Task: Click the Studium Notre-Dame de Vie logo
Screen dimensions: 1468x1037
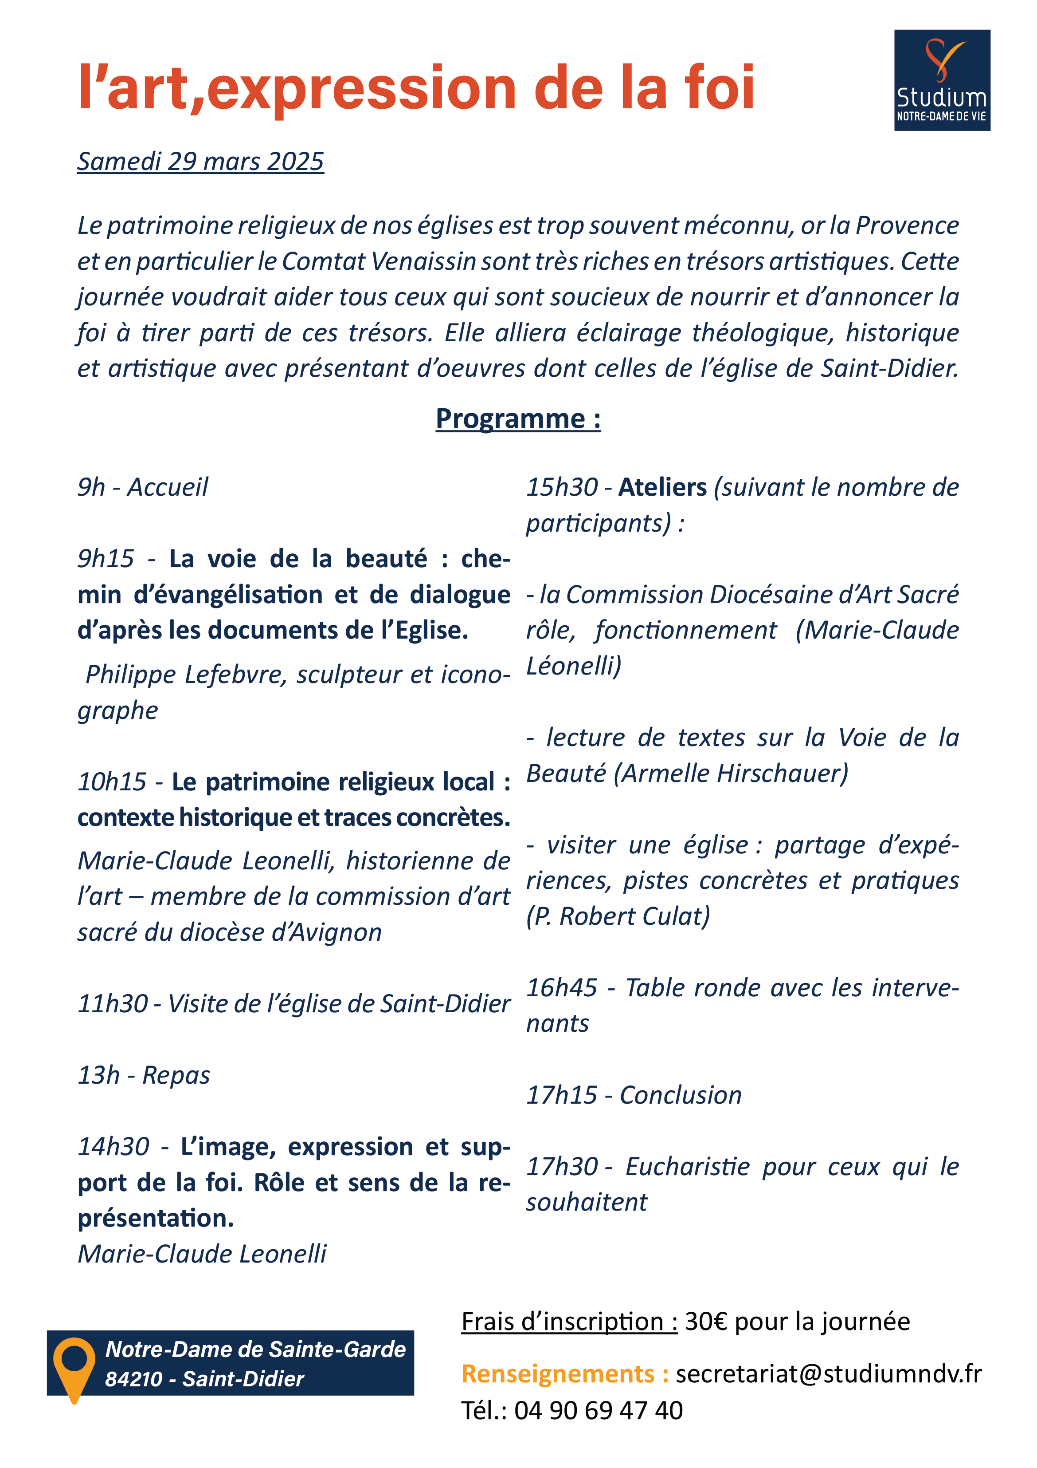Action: click(941, 81)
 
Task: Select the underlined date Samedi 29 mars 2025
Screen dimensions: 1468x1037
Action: click(201, 162)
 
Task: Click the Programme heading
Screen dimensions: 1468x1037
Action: click(517, 419)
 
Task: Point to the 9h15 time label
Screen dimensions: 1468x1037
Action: click(106, 559)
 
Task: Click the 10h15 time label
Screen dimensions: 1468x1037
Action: click(112, 781)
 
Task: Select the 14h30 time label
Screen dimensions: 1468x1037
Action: click(113, 1147)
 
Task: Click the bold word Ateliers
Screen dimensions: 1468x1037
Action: click(662, 487)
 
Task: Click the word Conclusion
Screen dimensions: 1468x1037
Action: click(681, 1095)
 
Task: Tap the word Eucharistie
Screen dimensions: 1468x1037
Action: click(687, 1167)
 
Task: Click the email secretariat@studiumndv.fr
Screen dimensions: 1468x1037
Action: click(828, 1374)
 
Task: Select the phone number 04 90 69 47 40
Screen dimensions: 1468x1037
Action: click(598, 1410)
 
